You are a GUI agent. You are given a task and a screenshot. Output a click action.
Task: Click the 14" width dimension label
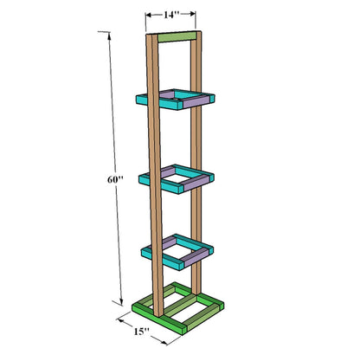coord(171,15)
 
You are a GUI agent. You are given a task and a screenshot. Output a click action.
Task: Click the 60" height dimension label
coord(115,179)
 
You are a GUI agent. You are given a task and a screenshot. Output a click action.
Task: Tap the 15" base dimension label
coord(141,332)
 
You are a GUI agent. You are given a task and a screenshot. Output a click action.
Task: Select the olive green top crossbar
coord(177,37)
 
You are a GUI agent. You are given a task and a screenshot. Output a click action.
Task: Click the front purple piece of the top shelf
coord(196,101)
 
